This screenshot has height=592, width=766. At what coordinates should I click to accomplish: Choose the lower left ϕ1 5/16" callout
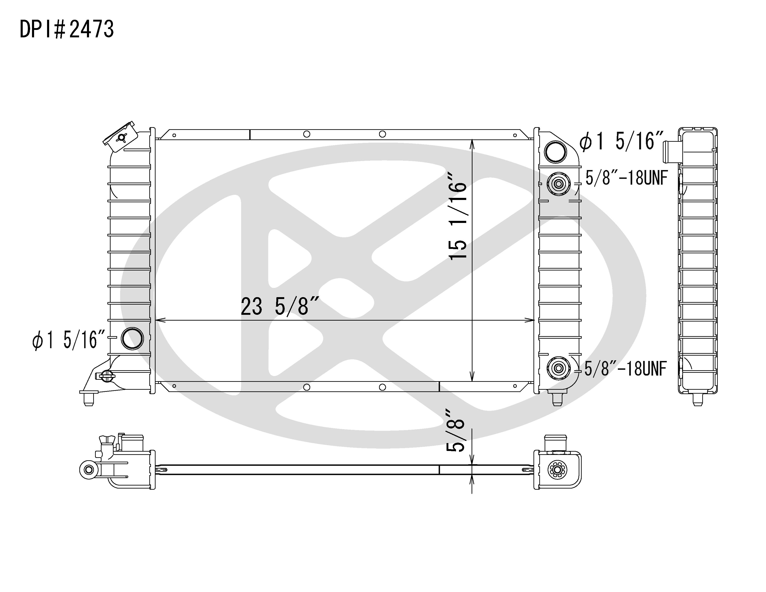[69, 340]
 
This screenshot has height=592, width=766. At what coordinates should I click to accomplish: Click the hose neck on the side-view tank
[671, 152]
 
